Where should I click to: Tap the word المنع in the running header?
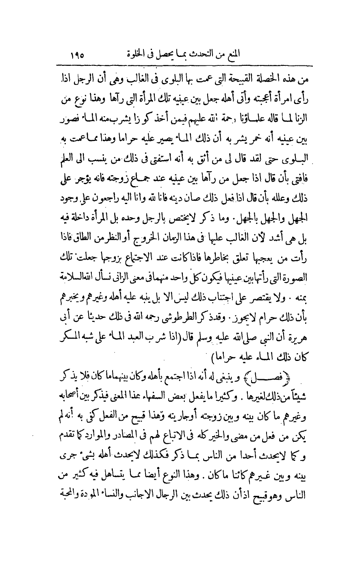coord(234,53)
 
